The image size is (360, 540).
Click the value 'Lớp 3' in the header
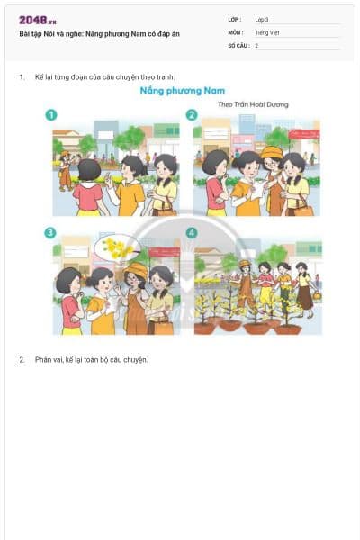pyautogui.click(x=262, y=19)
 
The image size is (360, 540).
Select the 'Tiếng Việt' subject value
pyautogui.click(x=266, y=32)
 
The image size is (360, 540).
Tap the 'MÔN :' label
pyautogui.click(x=235, y=32)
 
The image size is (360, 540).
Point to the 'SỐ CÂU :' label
pyautogui.click(x=238, y=45)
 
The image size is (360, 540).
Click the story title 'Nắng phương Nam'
pyautogui.click(x=182, y=91)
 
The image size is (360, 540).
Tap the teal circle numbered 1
pyautogui.click(x=52, y=115)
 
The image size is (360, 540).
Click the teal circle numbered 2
pyautogui.click(x=192, y=115)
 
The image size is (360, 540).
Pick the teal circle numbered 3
pyautogui.click(x=52, y=233)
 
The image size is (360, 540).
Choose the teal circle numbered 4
pyautogui.click(x=192, y=233)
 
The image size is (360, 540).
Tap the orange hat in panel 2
pyautogui.click(x=271, y=152)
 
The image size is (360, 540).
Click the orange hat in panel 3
pyautogui.click(x=136, y=269)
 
